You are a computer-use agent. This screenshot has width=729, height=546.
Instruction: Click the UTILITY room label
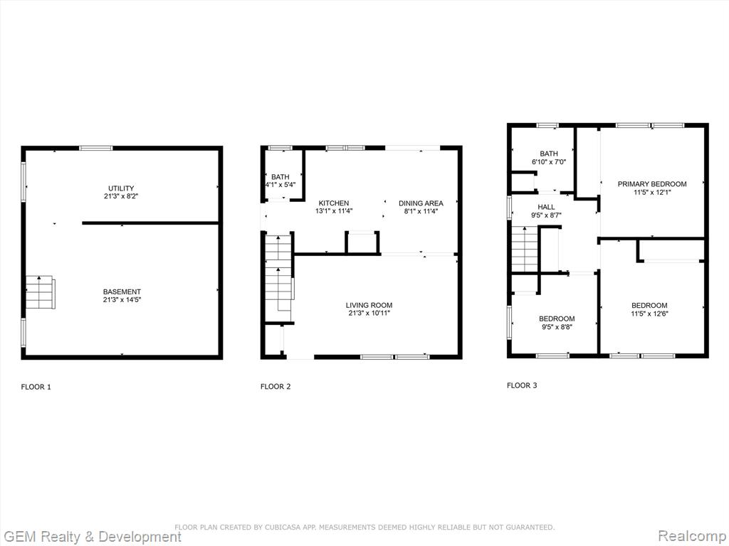[x=121, y=188]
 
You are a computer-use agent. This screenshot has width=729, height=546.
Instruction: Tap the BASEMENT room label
[x=122, y=291]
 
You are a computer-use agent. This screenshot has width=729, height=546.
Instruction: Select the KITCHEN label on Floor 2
[x=334, y=203]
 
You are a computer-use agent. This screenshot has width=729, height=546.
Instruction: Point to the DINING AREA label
[x=421, y=203]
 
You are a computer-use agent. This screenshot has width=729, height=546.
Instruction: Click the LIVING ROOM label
[x=369, y=305]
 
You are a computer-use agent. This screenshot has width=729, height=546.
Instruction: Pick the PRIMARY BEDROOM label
[x=652, y=184]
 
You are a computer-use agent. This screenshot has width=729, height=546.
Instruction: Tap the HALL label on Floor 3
[x=546, y=207]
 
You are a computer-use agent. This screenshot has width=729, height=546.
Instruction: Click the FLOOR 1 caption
[x=36, y=387]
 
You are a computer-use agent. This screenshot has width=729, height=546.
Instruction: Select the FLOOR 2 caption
[x=276, y=386]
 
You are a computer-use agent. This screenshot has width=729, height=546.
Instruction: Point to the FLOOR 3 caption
[x=522, y=385]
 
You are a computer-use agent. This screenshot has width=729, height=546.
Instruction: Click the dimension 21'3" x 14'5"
[x=122, y=300]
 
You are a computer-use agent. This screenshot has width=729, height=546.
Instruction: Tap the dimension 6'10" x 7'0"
[x=549, y=162]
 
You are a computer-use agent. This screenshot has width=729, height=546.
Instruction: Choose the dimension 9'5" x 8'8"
[x=557, y=327]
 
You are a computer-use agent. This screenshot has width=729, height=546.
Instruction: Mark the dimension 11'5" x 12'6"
[x=649, y=314]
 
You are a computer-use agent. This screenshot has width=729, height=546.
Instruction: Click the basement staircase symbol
[x=41, y=292]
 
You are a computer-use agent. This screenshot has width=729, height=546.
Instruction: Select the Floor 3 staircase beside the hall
[x=525, y=250]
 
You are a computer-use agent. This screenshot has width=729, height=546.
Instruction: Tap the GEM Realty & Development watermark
[x=91, y=537]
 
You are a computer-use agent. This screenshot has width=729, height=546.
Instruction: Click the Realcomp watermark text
[x=692, y=536]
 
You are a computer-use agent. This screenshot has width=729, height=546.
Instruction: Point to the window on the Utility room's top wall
[x=96, y=148]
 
